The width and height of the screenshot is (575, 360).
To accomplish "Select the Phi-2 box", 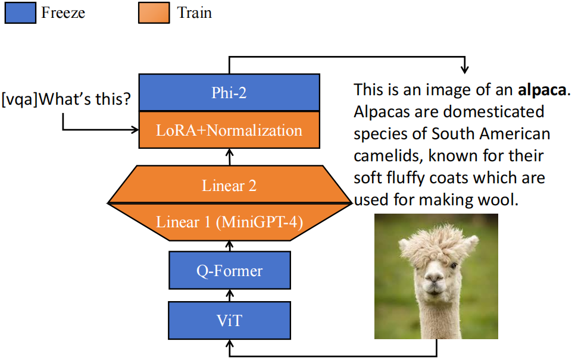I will (x=229, y=92).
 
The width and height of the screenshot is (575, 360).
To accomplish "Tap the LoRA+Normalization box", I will (x=229, y=130).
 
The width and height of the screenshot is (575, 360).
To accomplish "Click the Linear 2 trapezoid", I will (x=229, y=185).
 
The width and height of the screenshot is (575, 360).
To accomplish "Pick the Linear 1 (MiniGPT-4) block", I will (x=229, y=222).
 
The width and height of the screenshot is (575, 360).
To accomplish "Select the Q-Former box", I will (x=229, y=271).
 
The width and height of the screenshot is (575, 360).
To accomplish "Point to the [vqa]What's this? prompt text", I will (x=65, y=98).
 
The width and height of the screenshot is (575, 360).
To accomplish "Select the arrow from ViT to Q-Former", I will (x=229, y=296).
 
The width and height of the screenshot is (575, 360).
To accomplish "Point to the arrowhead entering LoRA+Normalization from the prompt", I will (x=133, y=130).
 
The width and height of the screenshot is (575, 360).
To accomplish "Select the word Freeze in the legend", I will (x=63, y=12).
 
